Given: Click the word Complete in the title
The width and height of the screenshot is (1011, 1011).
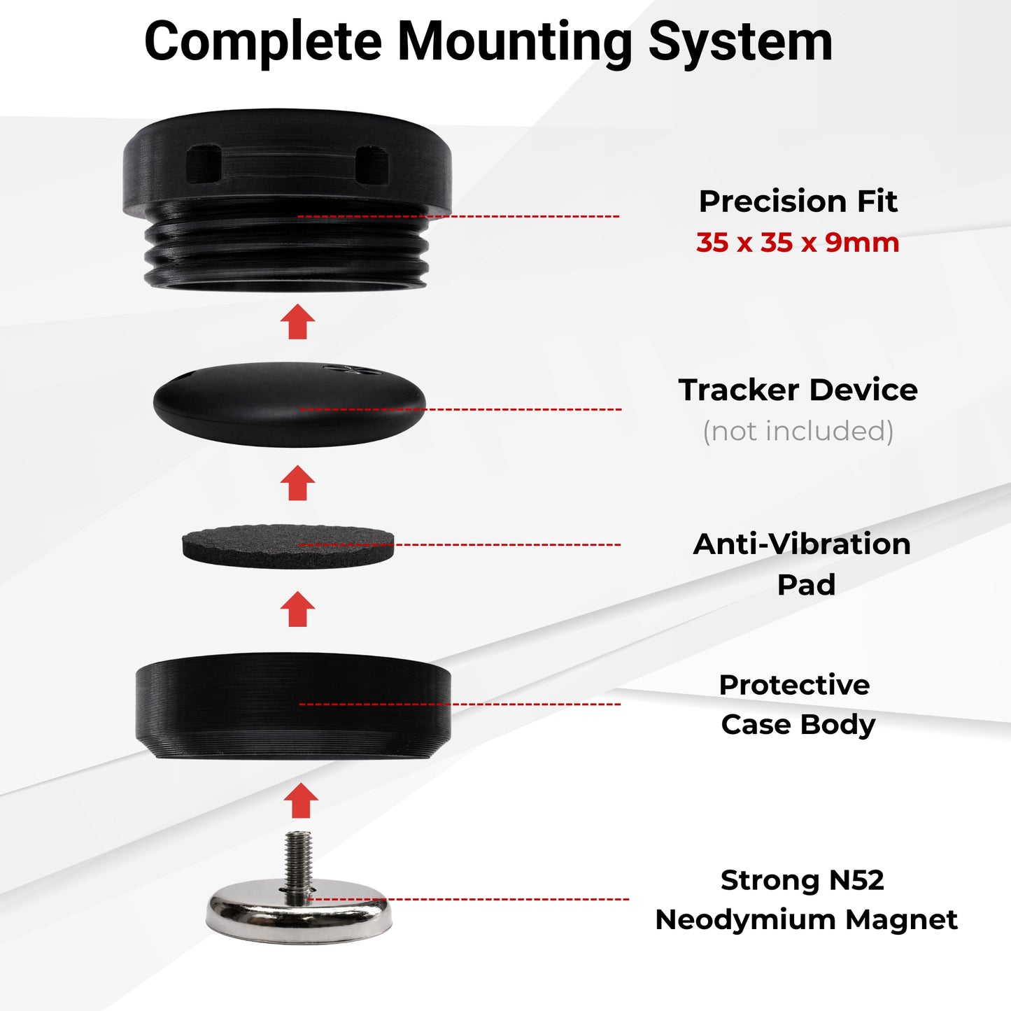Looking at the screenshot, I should coord(263,42).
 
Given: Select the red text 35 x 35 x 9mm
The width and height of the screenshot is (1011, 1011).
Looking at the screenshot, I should coord(798,243).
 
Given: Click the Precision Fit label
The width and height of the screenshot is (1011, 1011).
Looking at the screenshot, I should coord(798,202).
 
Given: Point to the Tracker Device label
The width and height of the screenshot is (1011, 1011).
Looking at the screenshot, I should coord(798,390).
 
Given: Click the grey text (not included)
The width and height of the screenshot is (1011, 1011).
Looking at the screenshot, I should coord(798,431).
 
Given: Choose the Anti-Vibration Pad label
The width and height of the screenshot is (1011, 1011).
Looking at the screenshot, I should coord(802,564).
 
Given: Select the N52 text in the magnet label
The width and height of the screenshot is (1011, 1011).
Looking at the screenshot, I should coord(856,880).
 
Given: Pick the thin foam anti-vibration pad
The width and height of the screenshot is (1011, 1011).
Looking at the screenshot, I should coord(288,546).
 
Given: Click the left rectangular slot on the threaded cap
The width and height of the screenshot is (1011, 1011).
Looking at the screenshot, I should coord(204,164).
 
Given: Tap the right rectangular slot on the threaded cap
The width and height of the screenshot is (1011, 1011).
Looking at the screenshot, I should coord(372,165).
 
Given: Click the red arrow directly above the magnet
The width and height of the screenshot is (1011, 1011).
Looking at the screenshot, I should coord(301,799).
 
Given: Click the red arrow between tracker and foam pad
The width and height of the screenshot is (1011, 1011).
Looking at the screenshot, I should coord(298,483).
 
